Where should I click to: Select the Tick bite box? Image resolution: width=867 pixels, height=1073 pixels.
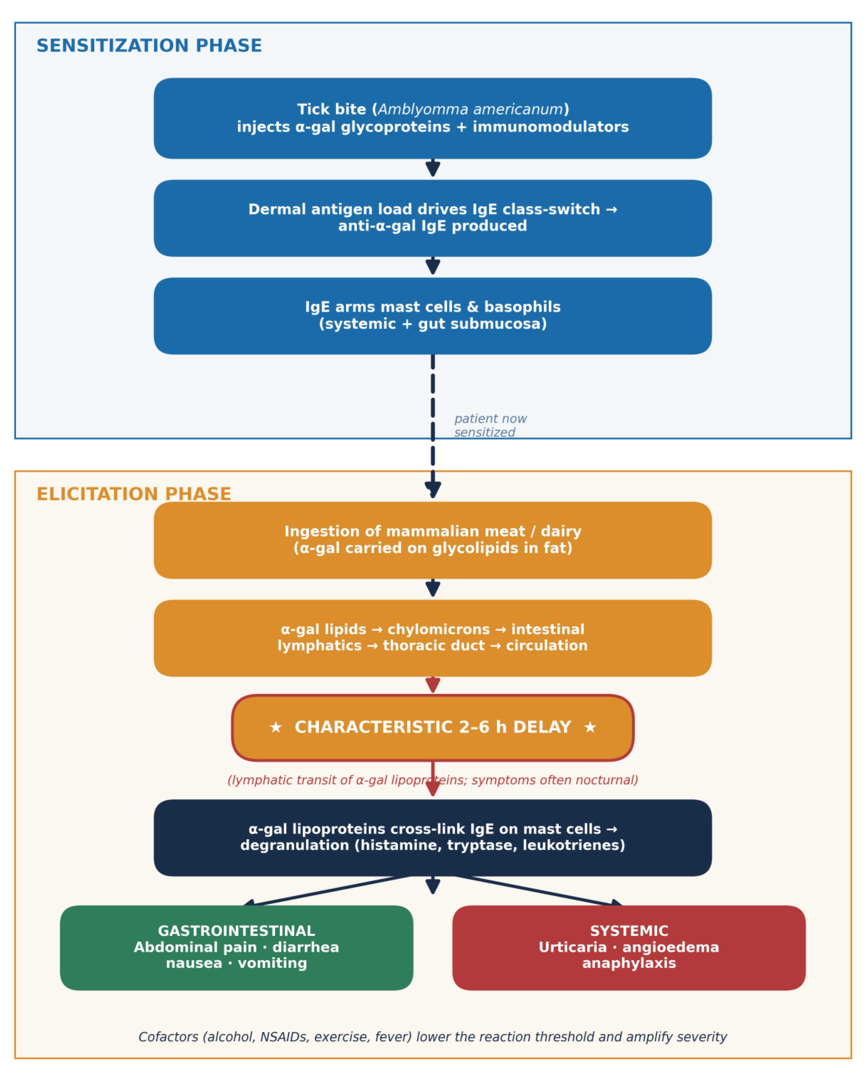pos(433,118)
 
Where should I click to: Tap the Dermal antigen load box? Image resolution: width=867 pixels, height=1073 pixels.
pos(433,218)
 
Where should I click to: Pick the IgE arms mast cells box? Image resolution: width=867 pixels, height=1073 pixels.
pos(433,316)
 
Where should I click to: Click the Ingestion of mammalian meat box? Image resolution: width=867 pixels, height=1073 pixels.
pos(433,540)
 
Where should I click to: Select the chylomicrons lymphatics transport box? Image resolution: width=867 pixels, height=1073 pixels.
pos(433,638)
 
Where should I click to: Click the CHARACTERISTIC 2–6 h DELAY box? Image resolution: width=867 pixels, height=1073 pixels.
pos(433,728)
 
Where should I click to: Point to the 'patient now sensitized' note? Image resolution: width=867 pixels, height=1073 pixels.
pos(490,426)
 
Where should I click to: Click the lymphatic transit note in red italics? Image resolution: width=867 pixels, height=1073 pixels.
pos(433,780)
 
